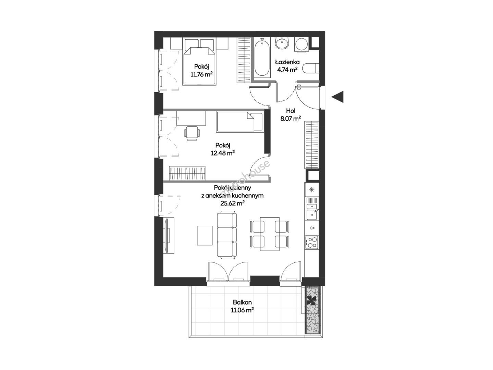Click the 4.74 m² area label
287,70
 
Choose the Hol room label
291,111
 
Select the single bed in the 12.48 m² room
239,122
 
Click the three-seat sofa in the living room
226,235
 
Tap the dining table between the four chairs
270,234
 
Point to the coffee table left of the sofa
205,235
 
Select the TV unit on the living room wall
169,235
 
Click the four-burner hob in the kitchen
312,242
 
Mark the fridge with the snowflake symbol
312,190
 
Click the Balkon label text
242,302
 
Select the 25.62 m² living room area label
232,203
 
